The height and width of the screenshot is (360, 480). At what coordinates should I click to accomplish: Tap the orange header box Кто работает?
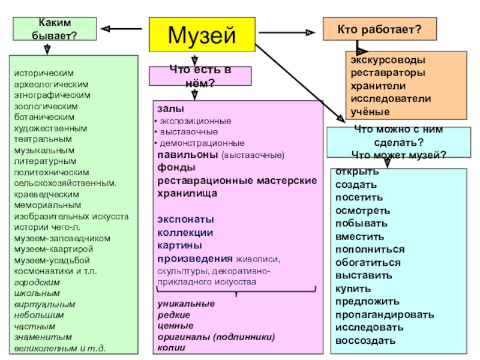[x=379, y=29]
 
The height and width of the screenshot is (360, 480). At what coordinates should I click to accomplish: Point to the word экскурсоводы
[x=389, y=61]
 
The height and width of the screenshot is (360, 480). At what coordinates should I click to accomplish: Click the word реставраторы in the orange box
[x=389, y=73]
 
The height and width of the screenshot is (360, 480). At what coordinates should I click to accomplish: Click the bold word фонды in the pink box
[x=172, y=167]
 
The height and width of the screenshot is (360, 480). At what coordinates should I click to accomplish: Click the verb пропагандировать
[x=384, y=314]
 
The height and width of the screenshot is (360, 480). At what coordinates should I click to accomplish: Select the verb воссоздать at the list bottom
[x=365, y=341]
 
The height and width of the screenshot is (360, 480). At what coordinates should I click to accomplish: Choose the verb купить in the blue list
[x=352, y=288]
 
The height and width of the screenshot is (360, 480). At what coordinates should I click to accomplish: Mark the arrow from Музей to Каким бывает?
[x=123, y=28]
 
